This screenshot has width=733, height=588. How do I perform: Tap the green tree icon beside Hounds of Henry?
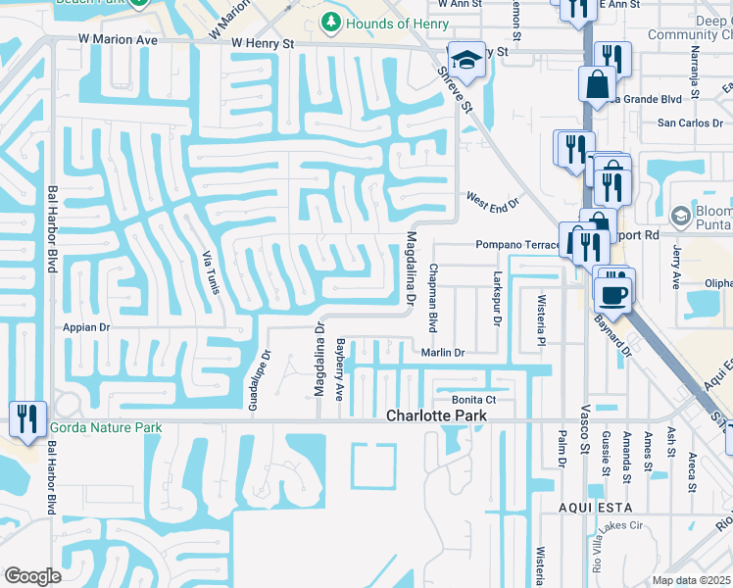tap(331, 23)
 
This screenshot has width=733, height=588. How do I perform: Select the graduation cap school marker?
tap(466, 60)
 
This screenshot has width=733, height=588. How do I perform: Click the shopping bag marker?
tap(597, 85)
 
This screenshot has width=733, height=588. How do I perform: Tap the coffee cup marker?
tap(614, 293)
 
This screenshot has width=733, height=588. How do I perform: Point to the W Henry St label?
tap(263, 43)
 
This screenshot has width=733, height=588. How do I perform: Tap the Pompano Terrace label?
tap(516, 245)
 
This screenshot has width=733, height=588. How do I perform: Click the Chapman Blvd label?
tap(431, 296)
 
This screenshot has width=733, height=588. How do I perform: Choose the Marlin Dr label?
tap(443, 352)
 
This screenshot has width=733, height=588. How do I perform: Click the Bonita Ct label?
tap(473, 399)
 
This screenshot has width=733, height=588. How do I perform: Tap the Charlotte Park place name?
tap(436, 416)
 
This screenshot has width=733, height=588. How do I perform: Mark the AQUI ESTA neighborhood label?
tap(591, 507)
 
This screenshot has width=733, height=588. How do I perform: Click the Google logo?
tap(32, 576)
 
